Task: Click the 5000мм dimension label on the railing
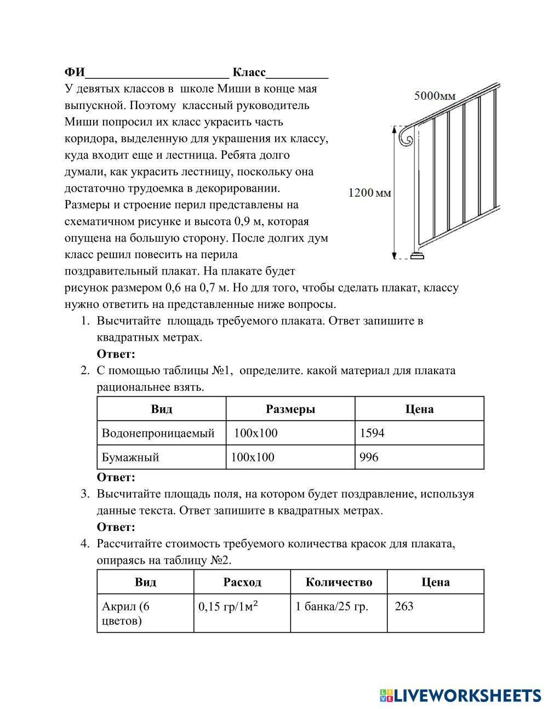pyautogui.click(x=435, y=96)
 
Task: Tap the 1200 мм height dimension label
pyautogui.click(x=370, y=192)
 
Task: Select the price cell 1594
pyautogui.click(x=372, y=433)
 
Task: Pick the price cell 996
pyautogui.click(x=369, y=457)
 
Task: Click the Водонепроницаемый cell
pyautogui.click(x=158, y=433)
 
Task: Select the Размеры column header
pyautogui.click(x=290, y=409)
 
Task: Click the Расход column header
pyautogui.click(x=242, y=582)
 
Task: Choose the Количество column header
pyautogui.click(x=339, y=582)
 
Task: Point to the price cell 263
pyautogui.click(x=404, y=606)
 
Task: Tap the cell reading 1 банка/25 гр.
pyautogui.click(x=332, y=606)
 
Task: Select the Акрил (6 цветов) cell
pyautogui.click(x=125, y=613)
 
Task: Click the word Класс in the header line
pyautogui.click(x=249, y=72)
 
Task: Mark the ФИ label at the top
pyautogui.click(x=75, y=72)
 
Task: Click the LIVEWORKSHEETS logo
pyautogui.click(x=460, y=695)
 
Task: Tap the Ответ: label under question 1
pyautogui.click(x=116, y=354)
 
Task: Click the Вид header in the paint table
pyautogui.click(x=145, y=582)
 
